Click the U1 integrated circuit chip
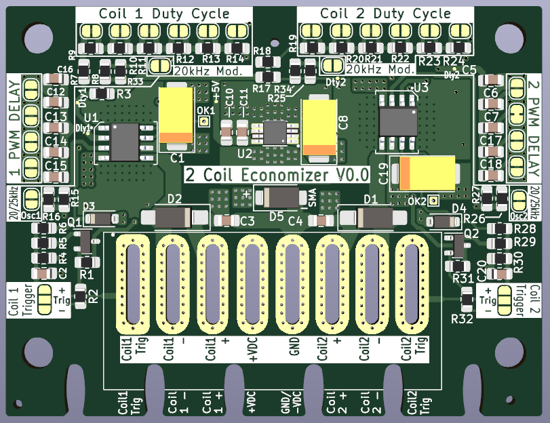pos(124,142)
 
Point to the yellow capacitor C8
pos(319,127)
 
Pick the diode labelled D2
pos(174,217)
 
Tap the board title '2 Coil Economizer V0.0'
pos(277,174)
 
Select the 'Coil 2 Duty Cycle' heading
pos(385,14)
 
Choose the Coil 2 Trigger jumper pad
pos(505,300)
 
